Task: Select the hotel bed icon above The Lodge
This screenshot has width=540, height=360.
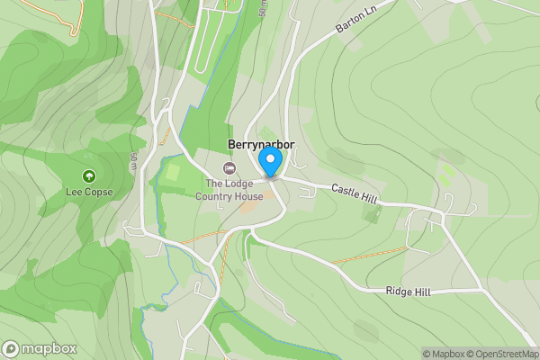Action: tap(229, 169)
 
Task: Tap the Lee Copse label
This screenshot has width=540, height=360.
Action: tap(89, 192)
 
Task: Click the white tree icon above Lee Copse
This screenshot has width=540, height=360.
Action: tap(89, 176)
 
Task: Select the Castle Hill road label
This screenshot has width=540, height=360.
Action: tap(354, 192)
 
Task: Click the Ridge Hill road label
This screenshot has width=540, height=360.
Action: tap(408, 290)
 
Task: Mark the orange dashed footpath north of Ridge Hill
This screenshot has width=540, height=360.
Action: tap(369, 256)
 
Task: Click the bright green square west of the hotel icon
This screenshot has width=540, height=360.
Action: tap(174, 171)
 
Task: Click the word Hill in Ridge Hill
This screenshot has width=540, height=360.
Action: tap(420, 290)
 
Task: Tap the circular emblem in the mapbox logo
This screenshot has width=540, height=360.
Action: tap(11, 348)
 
